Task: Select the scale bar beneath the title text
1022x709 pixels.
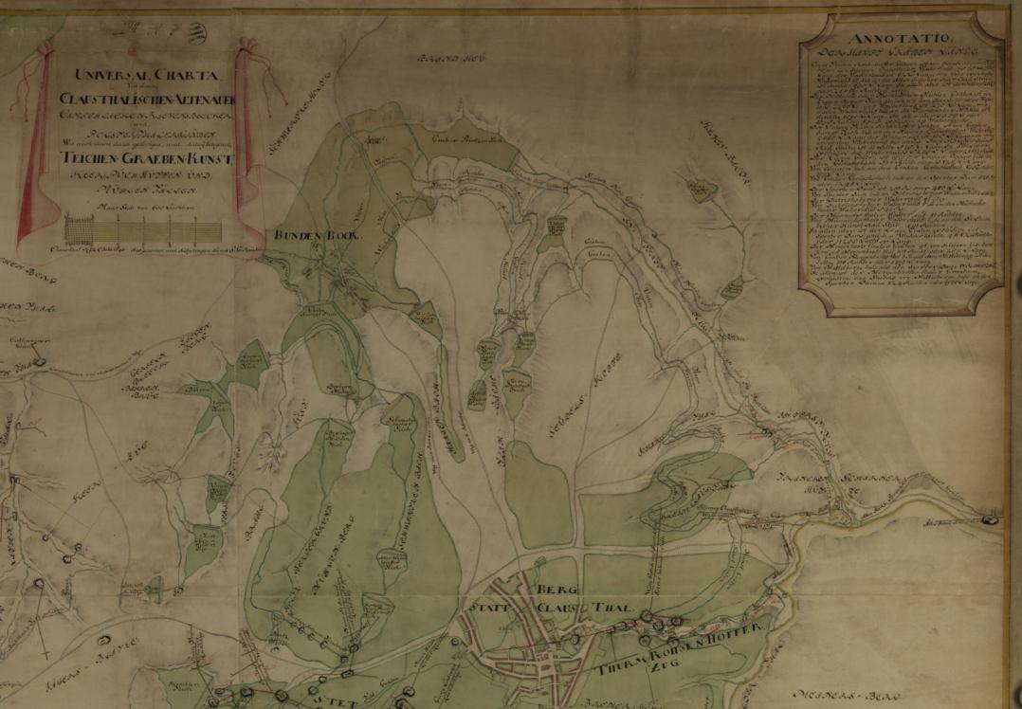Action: (142, 229)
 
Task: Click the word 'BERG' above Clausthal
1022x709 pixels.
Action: (556, 590)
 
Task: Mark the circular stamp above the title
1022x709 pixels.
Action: (196, 34)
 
